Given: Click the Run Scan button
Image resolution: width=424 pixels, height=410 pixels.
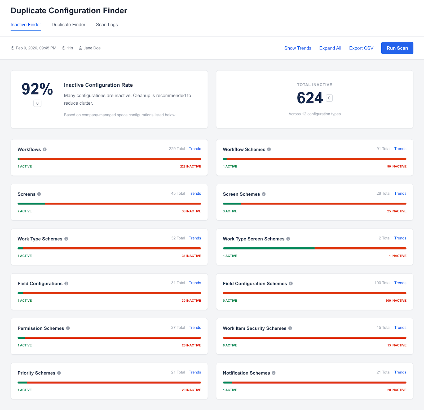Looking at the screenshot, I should point(397,48).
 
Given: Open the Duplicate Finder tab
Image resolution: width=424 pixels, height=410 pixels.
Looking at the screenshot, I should point(68,25).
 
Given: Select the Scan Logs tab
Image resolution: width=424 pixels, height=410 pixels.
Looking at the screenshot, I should point(107,25).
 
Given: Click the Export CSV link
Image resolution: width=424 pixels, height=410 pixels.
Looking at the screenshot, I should point(361,48).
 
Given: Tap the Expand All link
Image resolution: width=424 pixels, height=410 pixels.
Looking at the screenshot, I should point(330,48).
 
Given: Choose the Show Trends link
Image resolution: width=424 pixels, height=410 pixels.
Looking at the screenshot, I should point(298,48).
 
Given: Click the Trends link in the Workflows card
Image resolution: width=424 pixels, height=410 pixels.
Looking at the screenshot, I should point(195,149).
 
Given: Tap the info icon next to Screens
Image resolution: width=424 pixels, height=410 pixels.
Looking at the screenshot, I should point(39,194).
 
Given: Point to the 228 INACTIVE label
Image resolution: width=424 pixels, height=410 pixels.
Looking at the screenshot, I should point(190,166).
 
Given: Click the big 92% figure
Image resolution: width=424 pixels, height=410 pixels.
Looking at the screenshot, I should point(37,89).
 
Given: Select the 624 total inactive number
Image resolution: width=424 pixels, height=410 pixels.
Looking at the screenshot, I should point(310,98).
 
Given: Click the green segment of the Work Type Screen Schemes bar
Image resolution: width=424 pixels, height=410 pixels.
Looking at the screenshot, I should point(268,248).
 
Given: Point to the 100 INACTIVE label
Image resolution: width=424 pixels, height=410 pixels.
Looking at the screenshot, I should point(396,301).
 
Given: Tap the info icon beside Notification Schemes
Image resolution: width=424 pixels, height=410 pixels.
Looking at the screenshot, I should point(273,373).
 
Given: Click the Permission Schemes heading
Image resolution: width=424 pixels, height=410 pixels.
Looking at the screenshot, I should point(41,328).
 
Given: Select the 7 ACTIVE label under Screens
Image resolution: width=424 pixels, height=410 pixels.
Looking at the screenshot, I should point(25,211).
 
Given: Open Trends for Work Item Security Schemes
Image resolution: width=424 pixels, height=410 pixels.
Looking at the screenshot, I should point(400,327).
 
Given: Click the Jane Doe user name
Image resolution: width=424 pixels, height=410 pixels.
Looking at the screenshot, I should point(92,48).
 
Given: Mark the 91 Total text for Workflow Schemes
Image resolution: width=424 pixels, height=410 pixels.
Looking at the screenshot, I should point(383,149).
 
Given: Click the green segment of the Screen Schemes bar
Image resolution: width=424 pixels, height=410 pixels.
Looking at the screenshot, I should point(232,204).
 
